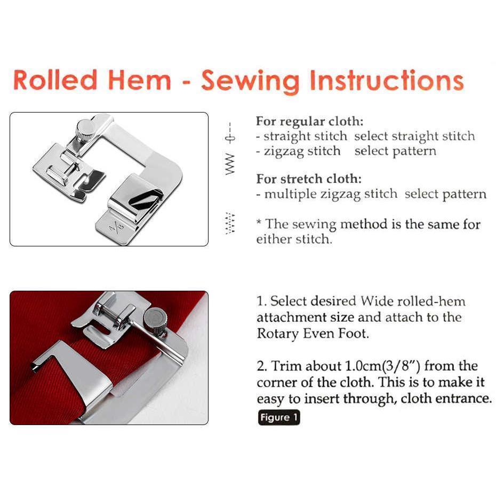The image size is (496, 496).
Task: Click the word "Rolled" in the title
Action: point(55,81)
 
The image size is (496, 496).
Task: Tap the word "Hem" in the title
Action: point(140,81)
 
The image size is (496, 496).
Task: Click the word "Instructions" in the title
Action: point(387,81)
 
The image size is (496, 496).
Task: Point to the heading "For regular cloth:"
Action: point(310,122)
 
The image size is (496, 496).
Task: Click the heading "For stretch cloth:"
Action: point(309,179)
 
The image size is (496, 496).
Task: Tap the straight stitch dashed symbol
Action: point(230,133)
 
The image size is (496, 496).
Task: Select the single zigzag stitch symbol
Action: point(230,164)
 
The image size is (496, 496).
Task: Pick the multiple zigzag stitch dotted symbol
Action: point(230,223)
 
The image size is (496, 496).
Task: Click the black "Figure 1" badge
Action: point(279,418)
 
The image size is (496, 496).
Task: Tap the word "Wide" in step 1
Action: point(377,301)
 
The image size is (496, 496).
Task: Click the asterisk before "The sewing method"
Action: point(259,222)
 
